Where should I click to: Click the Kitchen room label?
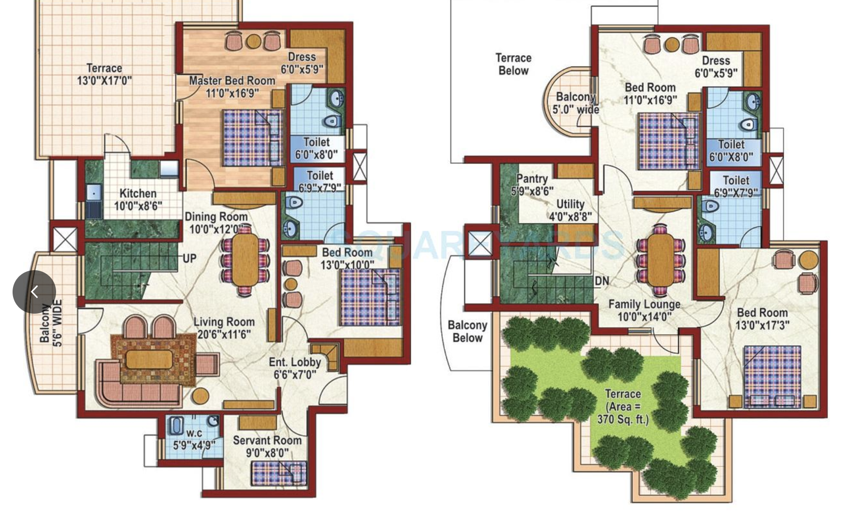pyautogui.click(x=138, y=200)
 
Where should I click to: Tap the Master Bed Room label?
pyautogui.click(x=232, y=87)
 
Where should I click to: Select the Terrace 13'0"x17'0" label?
pyautogui.click(x=104, y=74)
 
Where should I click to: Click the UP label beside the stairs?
pyautogui.click(x=189, y=258)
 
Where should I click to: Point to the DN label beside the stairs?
pyautogui.click(x=602, y=281)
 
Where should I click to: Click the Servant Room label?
pyautogui.click(x=267, y=446)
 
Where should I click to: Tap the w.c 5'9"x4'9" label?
pyautogui.click(x=194, y=439)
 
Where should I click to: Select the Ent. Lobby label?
pyautogui.click(x=295, y=368)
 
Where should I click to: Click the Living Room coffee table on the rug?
pyautogui.click(x=149, y=359)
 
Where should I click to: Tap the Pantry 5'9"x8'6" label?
pyautogui.click(x=532, y=185)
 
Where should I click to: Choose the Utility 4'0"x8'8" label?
pyautogui.click(x=570, y=210)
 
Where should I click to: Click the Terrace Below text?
pyautogui.click(x=513, y=64)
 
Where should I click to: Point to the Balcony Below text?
pyautogui.click(x=467, y=331)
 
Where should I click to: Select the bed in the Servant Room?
pyautogui.click(x=279, y=473)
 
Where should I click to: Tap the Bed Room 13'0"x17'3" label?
pyautogui.click(x=762, y=319)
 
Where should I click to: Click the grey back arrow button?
pyautogui.click(x=34, y=292)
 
